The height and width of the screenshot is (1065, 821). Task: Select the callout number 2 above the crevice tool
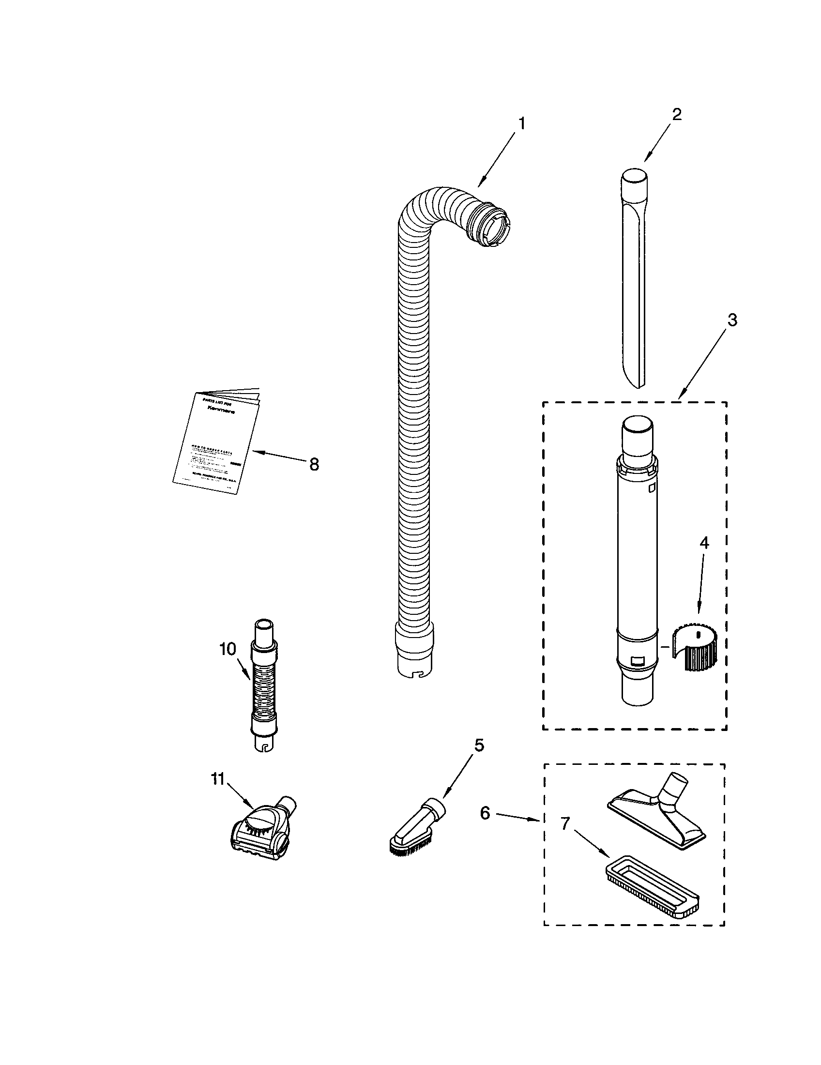click(676, 115)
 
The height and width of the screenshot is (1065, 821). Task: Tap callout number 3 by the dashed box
click(732, 320)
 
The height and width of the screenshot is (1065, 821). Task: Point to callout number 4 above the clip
click(704, 543)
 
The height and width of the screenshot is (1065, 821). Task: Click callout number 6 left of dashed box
click(485, 813)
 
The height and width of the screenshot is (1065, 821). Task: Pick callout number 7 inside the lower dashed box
click(564, 823)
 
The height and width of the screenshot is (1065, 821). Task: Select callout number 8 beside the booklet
click(314, 464)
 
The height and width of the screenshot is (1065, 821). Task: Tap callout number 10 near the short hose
click(228, 649)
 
